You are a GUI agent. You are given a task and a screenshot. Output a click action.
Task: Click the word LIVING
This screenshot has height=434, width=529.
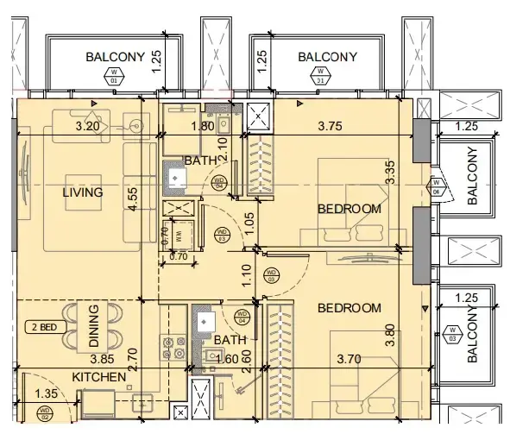tap(83, 192)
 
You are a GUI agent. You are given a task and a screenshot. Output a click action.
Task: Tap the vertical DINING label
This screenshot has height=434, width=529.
tap(94, 326)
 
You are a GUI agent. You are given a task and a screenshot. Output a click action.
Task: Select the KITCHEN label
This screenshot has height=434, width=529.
tap(99, 377)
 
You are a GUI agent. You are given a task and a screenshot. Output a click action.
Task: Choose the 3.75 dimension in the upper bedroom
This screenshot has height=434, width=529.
tap(331, 126)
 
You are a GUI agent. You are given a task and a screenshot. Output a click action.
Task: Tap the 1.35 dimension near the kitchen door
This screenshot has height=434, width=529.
tap(48, 394)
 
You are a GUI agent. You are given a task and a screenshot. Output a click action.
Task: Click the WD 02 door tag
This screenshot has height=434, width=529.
tap(45, 418)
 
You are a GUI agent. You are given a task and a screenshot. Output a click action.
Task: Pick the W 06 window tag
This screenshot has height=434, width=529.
tap(437, 186)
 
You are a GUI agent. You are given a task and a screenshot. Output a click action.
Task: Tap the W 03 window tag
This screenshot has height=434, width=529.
tap(452, 332)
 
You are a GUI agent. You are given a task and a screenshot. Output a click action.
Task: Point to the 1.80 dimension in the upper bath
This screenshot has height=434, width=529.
tap(202, 127)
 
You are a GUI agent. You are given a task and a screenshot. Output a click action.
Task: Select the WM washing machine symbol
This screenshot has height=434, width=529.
tap(178, 234)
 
